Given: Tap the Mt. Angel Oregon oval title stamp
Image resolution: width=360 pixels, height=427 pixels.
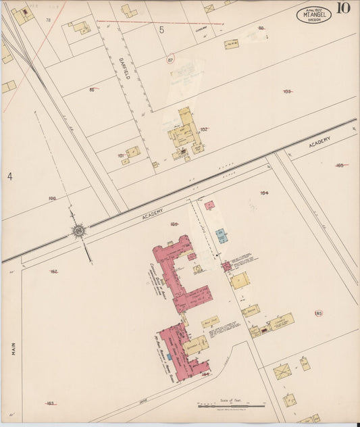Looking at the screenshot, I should pyautogui.click(x=313, y=15).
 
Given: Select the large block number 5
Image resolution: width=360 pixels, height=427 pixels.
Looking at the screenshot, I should pyautogui.click(x=161, y=30).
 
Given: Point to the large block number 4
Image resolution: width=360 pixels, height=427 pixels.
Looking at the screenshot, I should pyautogui.click(x=10, y=176).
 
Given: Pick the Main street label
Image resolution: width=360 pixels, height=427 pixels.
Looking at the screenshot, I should pyautogui.click(x=12, y=348).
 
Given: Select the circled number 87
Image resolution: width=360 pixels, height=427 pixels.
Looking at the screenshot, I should pyautogui.click(x=171, y=59).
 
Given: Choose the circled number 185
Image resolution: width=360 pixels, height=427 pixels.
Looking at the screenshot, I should pyautogui.click(x=318, y=313).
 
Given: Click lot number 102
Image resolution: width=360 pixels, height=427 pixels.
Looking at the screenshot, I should pyautogui.click(x=204, y=129).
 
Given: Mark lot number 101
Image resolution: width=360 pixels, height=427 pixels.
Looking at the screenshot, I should pyautogui.click(x=121, y=155).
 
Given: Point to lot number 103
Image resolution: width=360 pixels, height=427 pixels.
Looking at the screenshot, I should pyautogui.click(x=287, y=91).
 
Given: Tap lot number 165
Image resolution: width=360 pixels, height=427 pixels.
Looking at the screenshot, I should pyautogui.click(x=340, y=165).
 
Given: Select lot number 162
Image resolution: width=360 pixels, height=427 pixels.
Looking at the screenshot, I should pyautogui.click(x=54, y=272).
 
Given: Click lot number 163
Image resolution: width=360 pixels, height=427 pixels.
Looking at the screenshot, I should pyautogui.click(x=50, y=403).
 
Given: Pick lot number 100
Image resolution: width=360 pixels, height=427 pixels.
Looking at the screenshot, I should pyautogui.click(x=52, y=199).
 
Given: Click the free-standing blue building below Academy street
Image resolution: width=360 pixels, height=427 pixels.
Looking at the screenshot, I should pyautogui.click(x=221, y=236).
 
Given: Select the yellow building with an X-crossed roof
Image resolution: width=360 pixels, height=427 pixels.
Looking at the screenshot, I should pyautogui.click(x=282, y=371).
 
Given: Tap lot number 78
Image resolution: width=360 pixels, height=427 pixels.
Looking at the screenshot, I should pyautogui.click(x=48, y=20).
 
